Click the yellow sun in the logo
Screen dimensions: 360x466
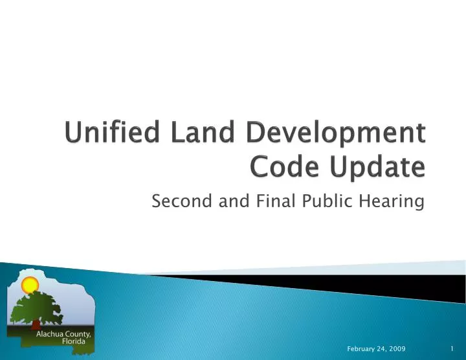pyautogui.click(x=30, y=285)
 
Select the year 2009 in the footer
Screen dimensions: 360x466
pyautogui.click(x=397, y=349)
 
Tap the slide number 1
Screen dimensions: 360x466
pyautogui.click(x=452, y=349)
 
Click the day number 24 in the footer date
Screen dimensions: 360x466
pyautogui.click(x=381, y=349)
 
